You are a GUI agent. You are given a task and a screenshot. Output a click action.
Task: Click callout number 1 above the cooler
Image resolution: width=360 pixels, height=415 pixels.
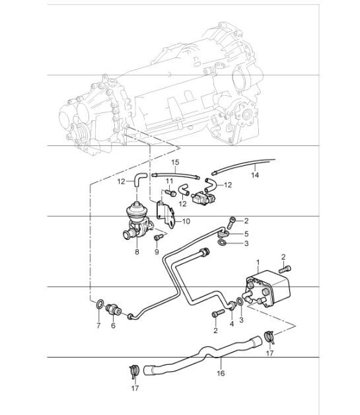[258, 263]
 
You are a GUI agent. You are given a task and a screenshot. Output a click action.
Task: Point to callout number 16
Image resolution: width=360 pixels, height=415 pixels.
[221, 373]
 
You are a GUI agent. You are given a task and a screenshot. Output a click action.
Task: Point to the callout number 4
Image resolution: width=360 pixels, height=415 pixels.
[231, 323]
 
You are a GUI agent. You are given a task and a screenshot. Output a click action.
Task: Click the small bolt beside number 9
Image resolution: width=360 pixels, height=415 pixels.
[157, 237]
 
